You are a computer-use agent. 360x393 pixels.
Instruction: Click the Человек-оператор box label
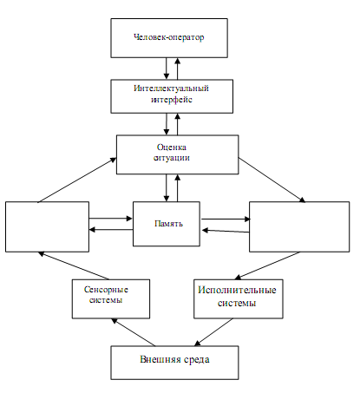click(x=169, y=37)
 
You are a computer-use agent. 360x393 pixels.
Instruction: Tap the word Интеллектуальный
click(x=171, y=88)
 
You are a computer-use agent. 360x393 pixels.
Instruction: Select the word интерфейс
click(x=172, y=100)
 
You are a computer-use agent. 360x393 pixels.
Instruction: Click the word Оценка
click(x=172, y=147)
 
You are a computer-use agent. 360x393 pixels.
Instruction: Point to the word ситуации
click(x=172, y=158)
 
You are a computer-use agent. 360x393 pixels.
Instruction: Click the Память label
click(x=168, y=224)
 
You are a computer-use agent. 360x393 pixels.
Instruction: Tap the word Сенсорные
click(x=106, y=290)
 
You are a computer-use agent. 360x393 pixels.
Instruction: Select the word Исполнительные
click(x=237, y=290)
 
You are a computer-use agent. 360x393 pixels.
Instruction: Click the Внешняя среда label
click(x=174, y=359)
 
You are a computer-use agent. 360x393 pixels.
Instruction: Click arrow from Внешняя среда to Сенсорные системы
click(x=134, y=332)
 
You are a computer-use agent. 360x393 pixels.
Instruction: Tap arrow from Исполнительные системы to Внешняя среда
click(x=213, y=332)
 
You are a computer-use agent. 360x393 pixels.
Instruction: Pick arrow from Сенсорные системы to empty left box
click(x=74, y=265)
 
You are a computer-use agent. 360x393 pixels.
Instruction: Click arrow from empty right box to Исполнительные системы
click(x=267, y=265)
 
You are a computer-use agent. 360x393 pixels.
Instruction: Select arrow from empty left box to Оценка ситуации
click(x=77, y=180)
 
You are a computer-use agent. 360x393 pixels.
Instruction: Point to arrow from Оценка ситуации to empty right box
click(x=272, y=180)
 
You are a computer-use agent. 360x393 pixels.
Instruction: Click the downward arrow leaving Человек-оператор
click(x=167, y=69)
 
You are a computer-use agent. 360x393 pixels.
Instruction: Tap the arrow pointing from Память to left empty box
click(x=111, y=230)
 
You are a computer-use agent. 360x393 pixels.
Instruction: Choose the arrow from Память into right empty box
click(x=226, y=219)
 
